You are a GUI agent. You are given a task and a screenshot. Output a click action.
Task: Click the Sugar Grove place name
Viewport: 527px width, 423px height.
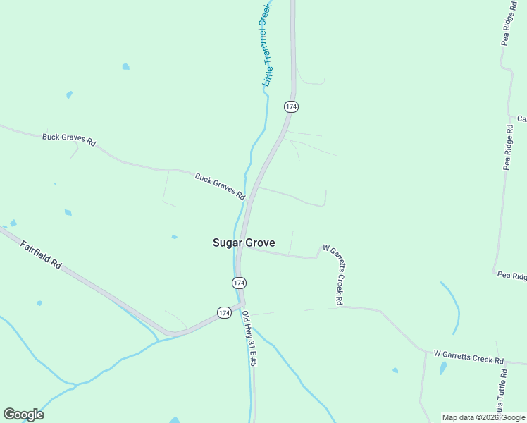tap(244, 243)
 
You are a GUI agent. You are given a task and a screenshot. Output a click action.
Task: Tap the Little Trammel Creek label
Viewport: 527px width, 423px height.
tap(265, 44)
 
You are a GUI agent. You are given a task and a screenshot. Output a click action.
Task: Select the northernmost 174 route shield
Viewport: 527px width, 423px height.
tap(292, 106)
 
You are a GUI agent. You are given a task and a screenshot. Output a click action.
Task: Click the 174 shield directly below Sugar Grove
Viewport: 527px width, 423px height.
tap(239, 283)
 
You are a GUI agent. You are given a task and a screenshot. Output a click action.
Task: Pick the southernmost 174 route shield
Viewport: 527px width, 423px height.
tap(224, 312)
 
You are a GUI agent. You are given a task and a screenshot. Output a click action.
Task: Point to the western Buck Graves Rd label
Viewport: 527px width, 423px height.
tap(68, 138)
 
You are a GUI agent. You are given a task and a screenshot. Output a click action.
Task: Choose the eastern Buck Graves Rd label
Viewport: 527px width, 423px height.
tap(220, 185)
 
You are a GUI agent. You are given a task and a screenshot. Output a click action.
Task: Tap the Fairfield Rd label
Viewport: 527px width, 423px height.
tap(41, 255)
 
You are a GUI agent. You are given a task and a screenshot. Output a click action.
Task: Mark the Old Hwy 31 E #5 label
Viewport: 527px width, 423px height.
tap(249, 339)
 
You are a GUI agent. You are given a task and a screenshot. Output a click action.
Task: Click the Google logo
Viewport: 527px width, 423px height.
tap(23, 415)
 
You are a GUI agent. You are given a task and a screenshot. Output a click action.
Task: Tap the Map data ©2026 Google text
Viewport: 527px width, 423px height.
tap(483, 417)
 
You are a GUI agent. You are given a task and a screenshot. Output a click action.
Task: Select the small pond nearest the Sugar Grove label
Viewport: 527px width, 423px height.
tap(174, 237)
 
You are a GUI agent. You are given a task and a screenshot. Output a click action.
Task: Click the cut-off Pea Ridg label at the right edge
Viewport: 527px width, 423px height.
tap(512, 275)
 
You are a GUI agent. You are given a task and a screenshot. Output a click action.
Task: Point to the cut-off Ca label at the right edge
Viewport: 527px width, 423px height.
tap(522, 118)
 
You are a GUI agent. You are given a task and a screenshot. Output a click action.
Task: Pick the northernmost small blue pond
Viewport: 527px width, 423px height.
tap(125, 66)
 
